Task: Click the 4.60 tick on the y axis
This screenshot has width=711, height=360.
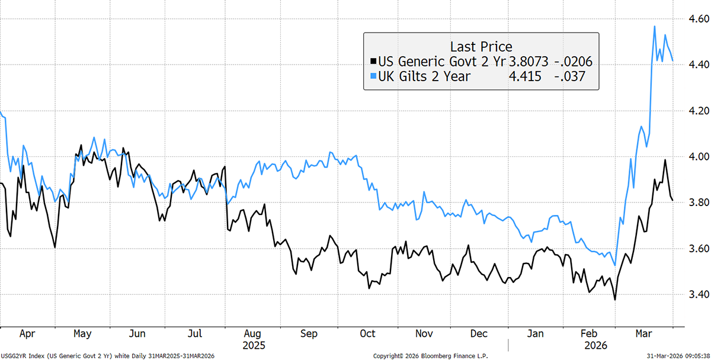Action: point(694,18)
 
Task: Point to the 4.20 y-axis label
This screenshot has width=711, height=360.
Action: point(694,111)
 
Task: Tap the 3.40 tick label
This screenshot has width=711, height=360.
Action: point(694,295)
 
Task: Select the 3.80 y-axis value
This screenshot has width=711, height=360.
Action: point(694,203)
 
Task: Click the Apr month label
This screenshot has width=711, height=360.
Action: point(27,334)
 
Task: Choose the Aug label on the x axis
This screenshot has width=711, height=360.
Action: point(254,334)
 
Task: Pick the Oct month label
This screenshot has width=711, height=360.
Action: point(367,334)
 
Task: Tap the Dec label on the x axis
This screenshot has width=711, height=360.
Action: point(480,334)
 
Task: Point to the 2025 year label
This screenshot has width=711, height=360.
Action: point(254,345)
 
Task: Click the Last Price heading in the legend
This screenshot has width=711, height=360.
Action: point(481,46)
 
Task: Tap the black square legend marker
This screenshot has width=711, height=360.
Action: point(372,61)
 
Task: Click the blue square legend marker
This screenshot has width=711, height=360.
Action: point(372,76)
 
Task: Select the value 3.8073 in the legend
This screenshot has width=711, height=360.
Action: point(527,61)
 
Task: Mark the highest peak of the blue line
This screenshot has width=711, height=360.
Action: point(654,26)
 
